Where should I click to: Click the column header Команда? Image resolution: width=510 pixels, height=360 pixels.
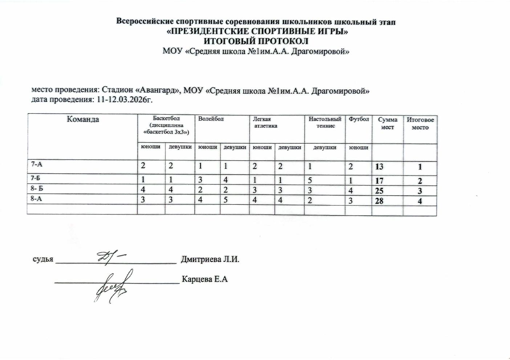point(83,120)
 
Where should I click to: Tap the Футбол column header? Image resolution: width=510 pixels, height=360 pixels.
point(359,119)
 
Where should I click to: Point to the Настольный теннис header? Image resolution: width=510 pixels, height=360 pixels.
point(325,122)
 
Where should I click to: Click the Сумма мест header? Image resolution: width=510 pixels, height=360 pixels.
point(388,123)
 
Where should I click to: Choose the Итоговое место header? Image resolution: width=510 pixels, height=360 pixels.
point(420,123)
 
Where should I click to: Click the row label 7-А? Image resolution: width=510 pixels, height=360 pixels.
point(36,164)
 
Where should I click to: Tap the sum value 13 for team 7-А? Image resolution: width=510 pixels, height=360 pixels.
point(379,167)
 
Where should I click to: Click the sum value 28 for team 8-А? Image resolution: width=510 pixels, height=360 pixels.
point(379,200)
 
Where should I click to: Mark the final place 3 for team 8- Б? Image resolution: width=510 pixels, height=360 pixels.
point(420,191)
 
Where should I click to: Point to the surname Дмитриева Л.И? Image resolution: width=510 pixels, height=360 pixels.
point(210,260)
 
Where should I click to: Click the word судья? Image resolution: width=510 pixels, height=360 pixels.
point(43,260)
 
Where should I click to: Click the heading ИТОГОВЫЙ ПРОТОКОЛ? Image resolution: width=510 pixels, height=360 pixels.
point(256,41)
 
